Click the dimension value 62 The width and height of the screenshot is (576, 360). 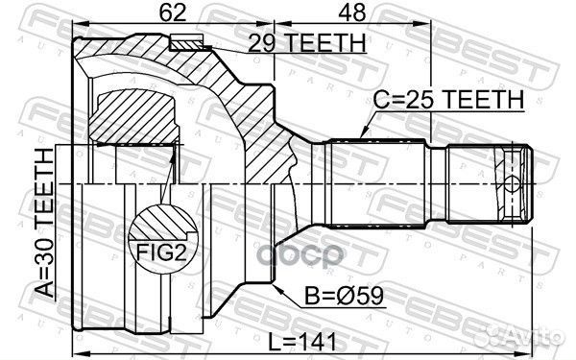173,13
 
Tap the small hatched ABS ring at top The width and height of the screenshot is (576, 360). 187,41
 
